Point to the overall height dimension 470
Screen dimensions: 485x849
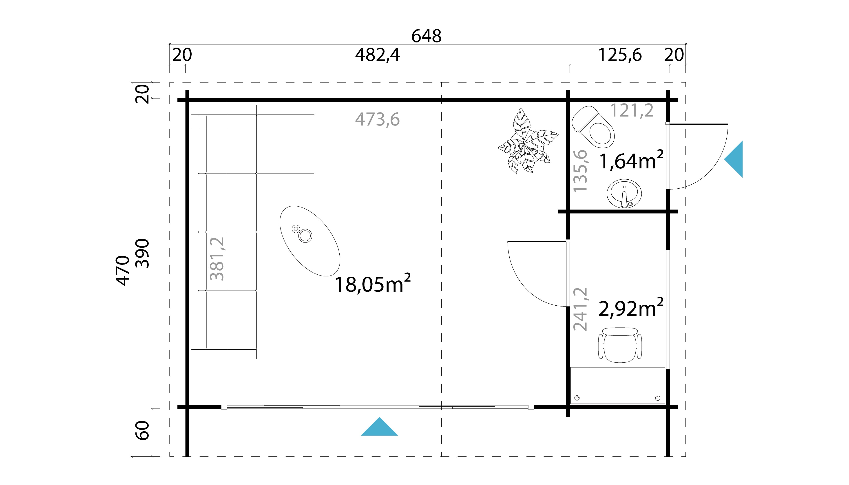click(x=123, y=271)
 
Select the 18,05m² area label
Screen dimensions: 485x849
click(x=372, y=284)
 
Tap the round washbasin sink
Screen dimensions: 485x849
click(x=624, y=194)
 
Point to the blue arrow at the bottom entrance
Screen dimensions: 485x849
click(x=379, y=427)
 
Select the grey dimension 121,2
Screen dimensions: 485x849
click(x=631, y=111)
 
